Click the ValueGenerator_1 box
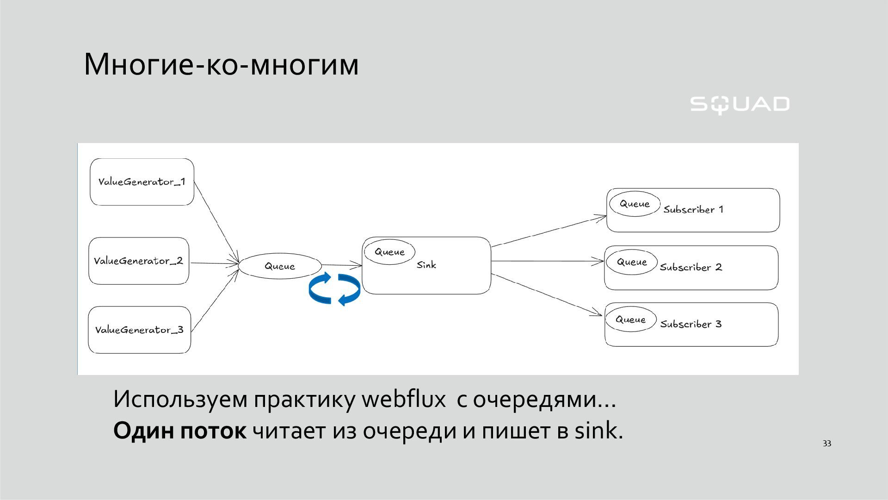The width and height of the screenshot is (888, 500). tap(142, 182)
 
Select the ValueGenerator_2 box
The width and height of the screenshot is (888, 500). tap(139, 261)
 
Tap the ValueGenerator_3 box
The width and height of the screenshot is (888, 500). tap(139, 330)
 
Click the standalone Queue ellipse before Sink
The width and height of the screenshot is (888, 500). tap(280, 266)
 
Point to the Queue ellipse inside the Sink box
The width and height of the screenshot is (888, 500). tap(389, 252)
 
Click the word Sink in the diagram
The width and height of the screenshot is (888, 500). tap(426, 265)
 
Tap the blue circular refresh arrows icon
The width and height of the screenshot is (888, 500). tap(334, 289)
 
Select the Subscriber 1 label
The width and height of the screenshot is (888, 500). tap(693, 210)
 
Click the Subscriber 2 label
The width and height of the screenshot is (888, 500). tap(691, 268)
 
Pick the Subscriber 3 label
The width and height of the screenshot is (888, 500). tap(691, 324)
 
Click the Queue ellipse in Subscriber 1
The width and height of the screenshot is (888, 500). tap(635, 204)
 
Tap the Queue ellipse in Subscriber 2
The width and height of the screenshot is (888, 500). tap(632, 262)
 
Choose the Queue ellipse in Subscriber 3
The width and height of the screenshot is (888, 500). tap(630, 319)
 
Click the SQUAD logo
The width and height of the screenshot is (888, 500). tap(740, 105)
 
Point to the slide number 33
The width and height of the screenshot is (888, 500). tap(827, 444)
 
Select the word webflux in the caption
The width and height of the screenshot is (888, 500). tap(403, 399)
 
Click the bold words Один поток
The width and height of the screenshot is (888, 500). tap(179, 431)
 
